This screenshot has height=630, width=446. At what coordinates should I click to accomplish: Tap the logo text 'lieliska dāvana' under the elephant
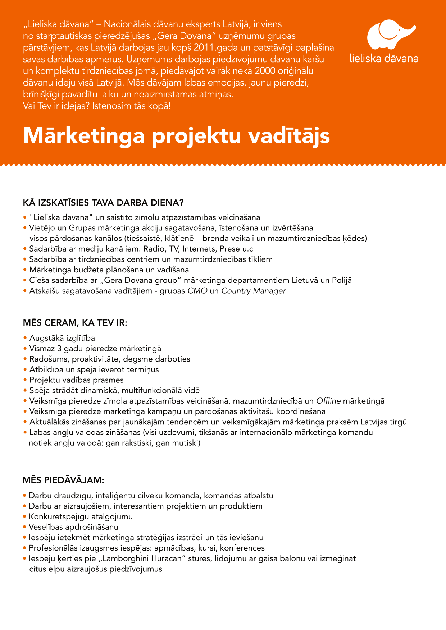(384, 59)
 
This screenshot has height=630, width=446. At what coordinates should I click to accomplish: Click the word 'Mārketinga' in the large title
(84, 136)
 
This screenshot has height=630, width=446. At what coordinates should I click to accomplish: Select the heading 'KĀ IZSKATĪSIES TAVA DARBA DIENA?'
(103, 203)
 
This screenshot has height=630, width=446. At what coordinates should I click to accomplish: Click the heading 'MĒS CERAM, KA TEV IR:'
(75, 323)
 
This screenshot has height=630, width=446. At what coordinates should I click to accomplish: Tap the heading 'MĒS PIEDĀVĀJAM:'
(63, 480)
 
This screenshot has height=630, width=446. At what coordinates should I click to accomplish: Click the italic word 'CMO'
(197, 291)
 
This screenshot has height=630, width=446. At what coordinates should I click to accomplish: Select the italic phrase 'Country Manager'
(253, 291)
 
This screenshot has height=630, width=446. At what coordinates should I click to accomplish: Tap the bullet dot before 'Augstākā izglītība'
(25, 338)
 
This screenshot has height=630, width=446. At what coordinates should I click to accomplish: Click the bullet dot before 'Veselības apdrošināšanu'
(25, 527)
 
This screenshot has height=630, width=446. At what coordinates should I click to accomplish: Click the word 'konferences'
(242, 548)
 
